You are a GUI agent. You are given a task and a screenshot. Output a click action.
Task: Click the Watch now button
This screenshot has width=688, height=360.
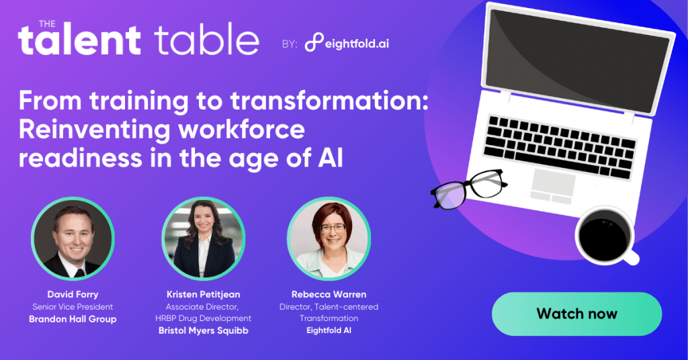(x=576, y=314)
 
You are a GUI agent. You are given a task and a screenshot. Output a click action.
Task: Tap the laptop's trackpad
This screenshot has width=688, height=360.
(x=553, y=185)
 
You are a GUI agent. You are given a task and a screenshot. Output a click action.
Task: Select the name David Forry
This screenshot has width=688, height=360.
(x=73, y=295)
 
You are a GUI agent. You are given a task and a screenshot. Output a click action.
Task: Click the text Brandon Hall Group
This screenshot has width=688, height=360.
(x=73, y=319)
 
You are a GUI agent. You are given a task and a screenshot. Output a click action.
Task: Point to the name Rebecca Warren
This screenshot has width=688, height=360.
(x=329, y=295)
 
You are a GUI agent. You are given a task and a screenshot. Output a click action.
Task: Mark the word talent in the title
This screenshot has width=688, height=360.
(x=79, y=42)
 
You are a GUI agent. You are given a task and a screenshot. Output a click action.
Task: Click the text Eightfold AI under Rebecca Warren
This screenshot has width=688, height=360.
(x=329, y=330)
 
